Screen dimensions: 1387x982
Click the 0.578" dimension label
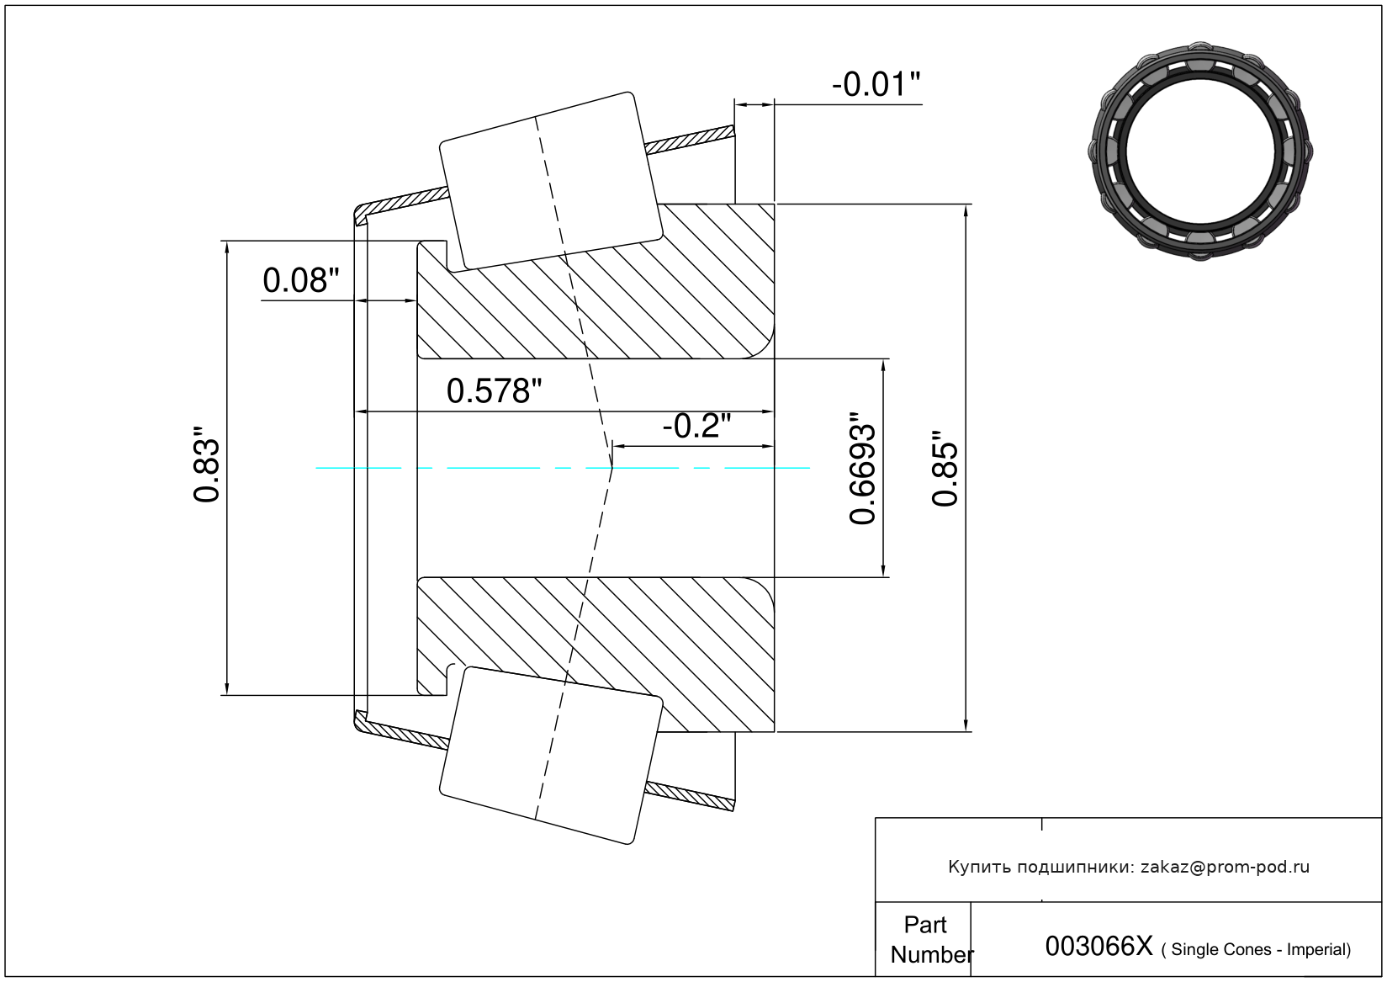(x=494, y=391)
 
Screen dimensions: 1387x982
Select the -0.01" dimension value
(x=876, y=84)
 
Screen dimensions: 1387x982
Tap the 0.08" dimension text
(x=301, y=281)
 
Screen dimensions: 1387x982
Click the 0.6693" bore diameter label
(x=862, y=468)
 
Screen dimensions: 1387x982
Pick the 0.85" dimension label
(x=945, y=468)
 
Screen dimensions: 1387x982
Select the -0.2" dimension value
(x=697, y=426)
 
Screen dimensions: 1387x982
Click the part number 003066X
(x=1099, y=946)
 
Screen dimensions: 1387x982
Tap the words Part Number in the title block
(x=930, y=939)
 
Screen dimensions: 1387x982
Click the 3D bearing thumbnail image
(x=1200, y=151)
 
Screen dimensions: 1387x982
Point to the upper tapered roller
(x=551, y=181)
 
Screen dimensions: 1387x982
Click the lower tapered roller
(x=551, y=756)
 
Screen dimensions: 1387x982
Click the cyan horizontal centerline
(x=562, y=468)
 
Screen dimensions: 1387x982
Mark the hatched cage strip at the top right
(x=690, y=140)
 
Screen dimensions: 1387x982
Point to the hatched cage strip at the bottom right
(x=690, y=796)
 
